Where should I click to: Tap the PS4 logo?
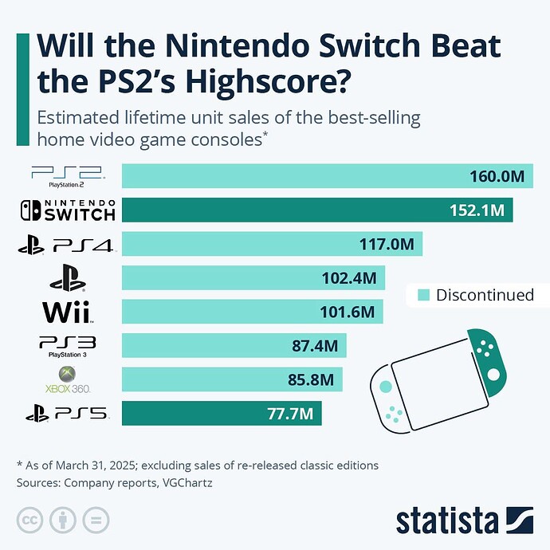(67, 246)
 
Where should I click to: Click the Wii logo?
(67, 311)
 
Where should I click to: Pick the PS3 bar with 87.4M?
(234, 346)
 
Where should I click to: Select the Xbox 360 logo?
(69, 379)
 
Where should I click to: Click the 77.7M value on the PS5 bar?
(290, 414)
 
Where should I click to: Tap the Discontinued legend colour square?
(423, 295)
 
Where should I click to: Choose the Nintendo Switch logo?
(69, 210)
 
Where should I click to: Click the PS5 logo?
(67, 414)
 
